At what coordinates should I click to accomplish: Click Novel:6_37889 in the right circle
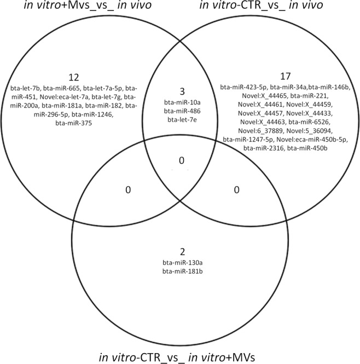245,131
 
